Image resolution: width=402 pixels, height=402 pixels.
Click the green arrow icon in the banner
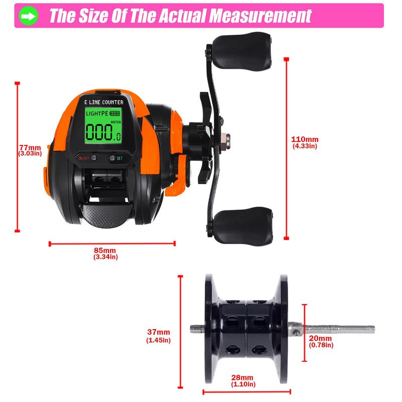(x=29, y=16)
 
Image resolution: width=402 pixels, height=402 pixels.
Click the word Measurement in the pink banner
(x=260, y=16)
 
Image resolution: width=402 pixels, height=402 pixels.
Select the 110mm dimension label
(x=305, y=139)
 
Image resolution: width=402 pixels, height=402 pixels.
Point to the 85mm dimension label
(x=106, y=250)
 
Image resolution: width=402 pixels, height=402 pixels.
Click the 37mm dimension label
(x=158, y=332)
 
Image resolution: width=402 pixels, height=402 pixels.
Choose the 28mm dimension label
(x=243, y=378)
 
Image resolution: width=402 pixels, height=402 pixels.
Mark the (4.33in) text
(x=305, y=146)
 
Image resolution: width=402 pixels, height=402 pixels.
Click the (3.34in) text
(x=106, y=257)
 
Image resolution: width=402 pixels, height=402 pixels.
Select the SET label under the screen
(x=120, y=158)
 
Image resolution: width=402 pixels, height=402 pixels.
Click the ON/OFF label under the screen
(x=83, y=158)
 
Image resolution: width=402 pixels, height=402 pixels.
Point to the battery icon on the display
(x=116, y=114)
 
